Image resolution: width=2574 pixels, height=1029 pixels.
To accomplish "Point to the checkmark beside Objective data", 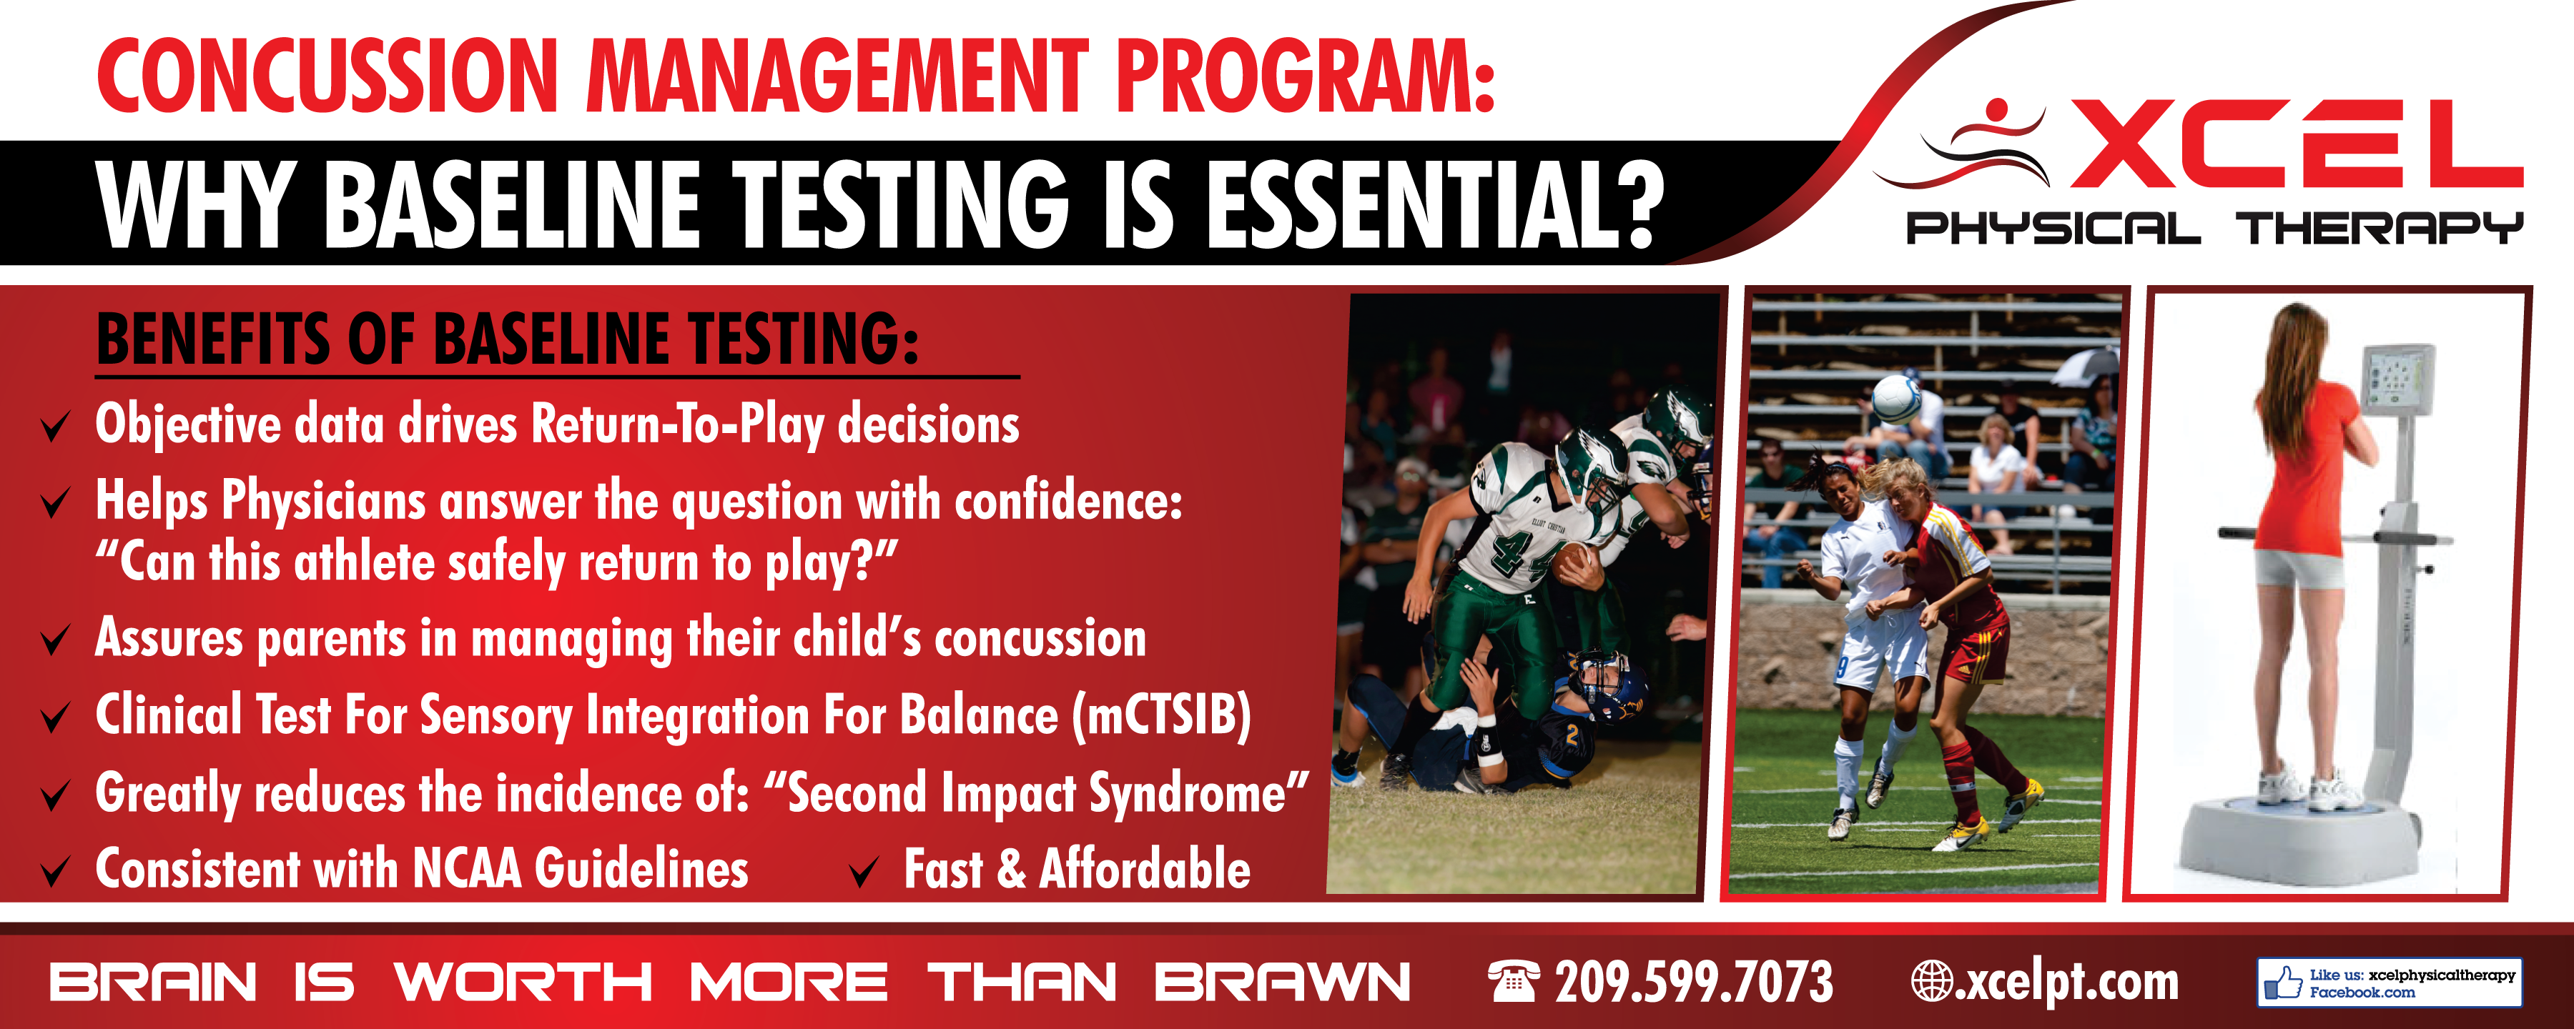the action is (x=55, y=426).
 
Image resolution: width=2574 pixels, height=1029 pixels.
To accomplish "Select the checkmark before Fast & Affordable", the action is (x=863, y=871).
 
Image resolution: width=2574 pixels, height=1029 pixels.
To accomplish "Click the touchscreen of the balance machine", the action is (x=2398, y=379).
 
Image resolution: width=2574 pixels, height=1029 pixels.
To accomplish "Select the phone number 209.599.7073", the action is (x=1694, y=981).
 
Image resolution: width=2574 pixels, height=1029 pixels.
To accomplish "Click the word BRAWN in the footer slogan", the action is (x=1282, y=982).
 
